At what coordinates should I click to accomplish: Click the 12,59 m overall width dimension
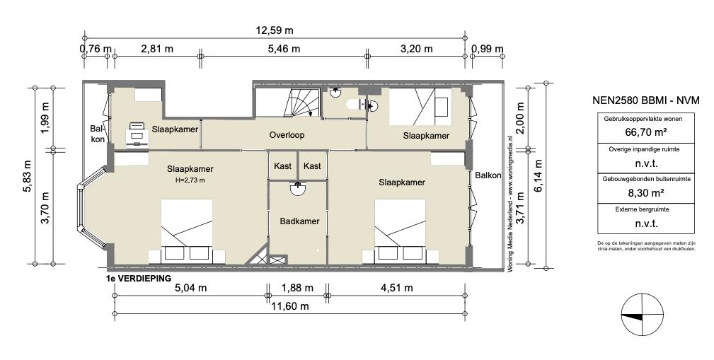point(274,30)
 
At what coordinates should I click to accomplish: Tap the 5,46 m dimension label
point(283,49)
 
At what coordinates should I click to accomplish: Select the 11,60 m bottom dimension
point(290,306)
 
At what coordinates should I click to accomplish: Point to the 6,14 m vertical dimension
point(539,176)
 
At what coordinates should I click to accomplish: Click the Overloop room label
point(287,135)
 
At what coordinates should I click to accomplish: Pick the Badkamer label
point(299,221)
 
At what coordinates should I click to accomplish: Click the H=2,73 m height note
point(190,180)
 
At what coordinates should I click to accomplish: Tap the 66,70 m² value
point(645,132)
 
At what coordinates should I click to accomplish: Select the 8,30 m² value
point(645,192)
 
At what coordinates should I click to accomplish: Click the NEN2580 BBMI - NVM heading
point(645,100)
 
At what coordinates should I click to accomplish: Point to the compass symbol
point(642,315)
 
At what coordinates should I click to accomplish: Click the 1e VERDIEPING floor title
point(138,278)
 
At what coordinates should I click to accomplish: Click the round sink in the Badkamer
point(298,188)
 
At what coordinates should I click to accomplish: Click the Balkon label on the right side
point(488,175)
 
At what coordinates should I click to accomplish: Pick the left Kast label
point(282,166)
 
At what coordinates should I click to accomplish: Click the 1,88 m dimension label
point(297,288)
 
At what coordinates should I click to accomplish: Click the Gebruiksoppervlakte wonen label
point(645,120)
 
